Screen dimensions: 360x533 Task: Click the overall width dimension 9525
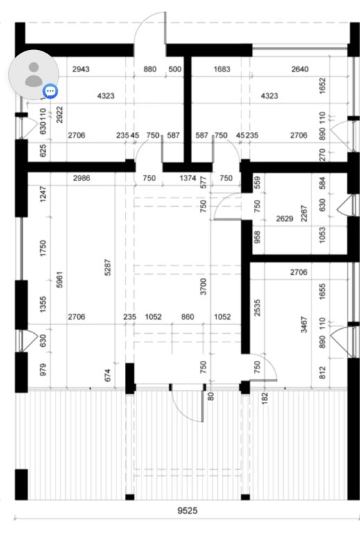point(187,511)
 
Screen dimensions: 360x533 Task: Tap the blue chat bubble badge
point(51,91)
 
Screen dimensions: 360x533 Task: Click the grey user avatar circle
point(33,75)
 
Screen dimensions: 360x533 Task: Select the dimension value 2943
point(81,69)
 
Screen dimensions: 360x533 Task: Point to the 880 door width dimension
point(150,69)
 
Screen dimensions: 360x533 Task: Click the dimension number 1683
point(222,69)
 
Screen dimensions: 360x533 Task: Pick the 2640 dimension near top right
point(300,69)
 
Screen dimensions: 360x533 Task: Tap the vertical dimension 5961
point(60,280)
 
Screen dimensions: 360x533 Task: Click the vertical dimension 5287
point(108,267)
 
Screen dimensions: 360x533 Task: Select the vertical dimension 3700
point(203,286)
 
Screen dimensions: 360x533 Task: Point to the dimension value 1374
point(188,178)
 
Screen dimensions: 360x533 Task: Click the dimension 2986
point(82,178)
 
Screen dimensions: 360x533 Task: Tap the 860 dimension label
point(187,316)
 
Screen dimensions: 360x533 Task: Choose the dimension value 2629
point(284,218)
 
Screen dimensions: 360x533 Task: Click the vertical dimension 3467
point(304,325)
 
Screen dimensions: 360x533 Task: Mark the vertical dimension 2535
point(257,307)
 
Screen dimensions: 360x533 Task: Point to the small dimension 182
point(265,398)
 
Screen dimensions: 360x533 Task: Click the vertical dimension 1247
point(43,194)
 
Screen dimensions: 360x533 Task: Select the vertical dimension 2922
point(60,115)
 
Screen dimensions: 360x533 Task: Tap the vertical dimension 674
point(108,375)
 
